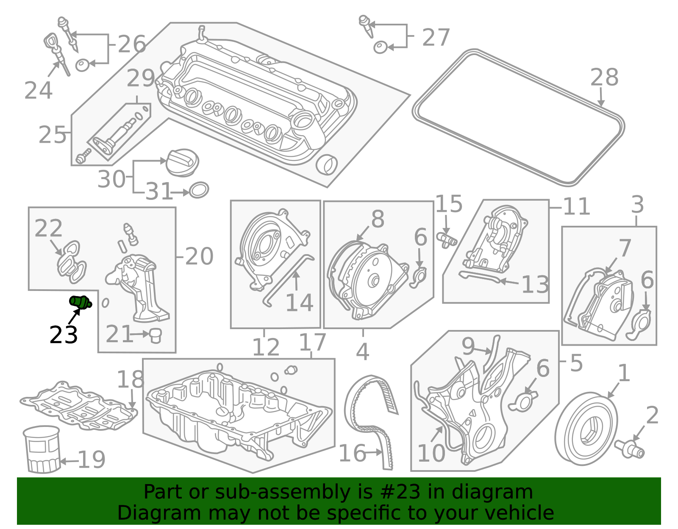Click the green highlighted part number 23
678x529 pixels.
point(80,302)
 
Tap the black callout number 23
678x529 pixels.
point(63,335)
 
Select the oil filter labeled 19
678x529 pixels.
point(42,450)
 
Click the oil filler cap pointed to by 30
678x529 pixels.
point(182,163)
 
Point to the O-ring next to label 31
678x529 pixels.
point(199,190)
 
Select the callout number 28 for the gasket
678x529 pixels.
point(604,78)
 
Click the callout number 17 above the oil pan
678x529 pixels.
point(312,342)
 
